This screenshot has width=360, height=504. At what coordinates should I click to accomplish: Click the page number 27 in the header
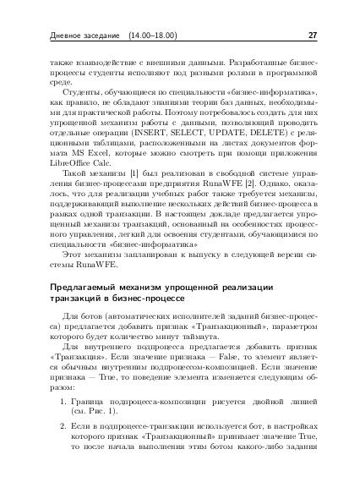point(313,35)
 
